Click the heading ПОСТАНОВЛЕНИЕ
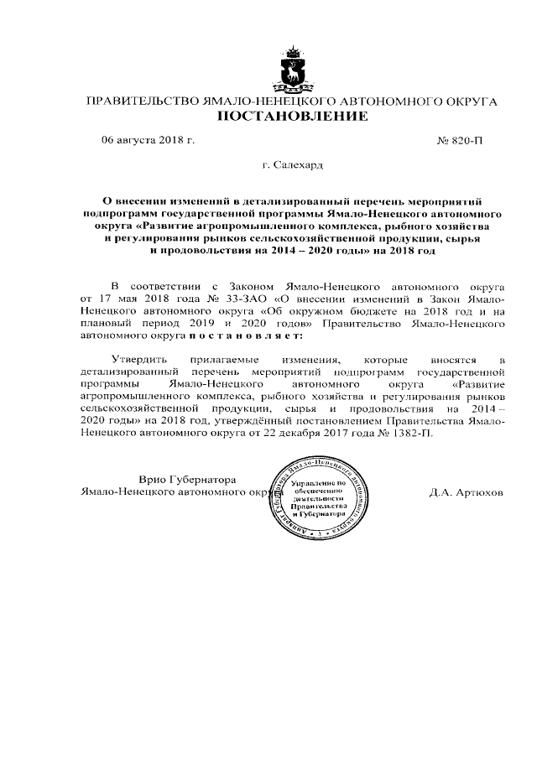click(x=293, y=117)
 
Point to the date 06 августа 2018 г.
click(x=148, y=140)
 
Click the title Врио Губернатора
click(x=187, y=479)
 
